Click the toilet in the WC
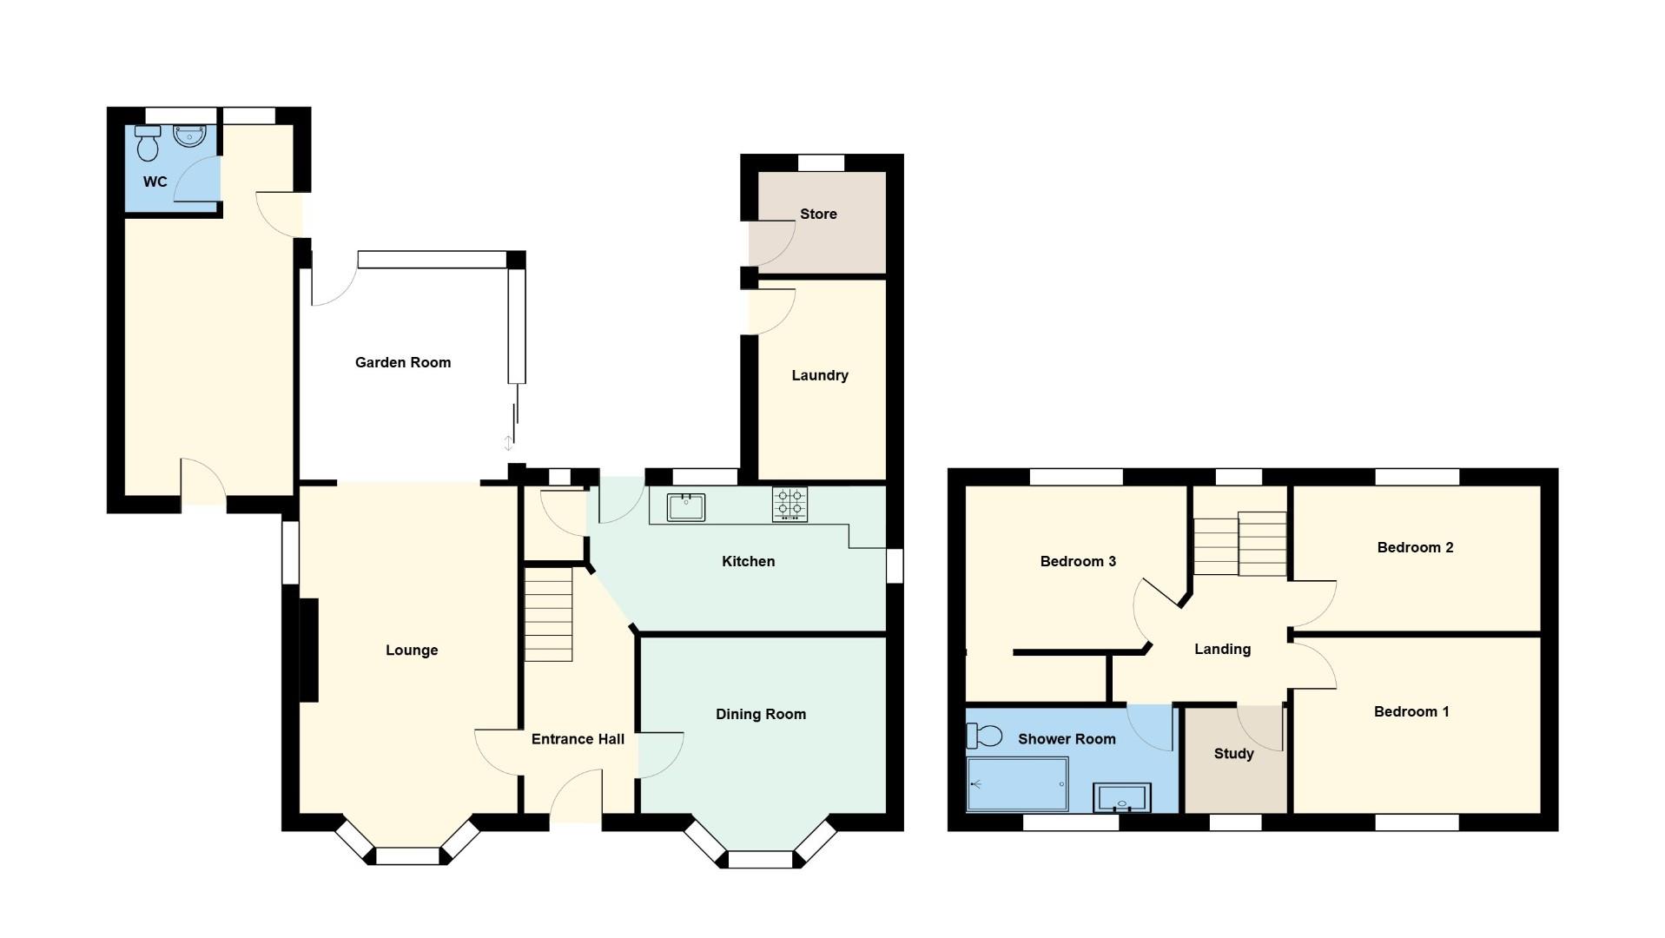coord(148,144)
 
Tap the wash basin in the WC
coord(188,136)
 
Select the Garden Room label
coord(403,363)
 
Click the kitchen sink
coord(685,507)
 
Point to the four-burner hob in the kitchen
coord(789,505)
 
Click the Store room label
coord(818,215)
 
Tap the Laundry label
coord(819,376)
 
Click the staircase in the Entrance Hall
coord(548,614)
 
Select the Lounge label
coord(412,651)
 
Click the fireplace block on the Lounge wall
coord(309,650)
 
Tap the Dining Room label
coord(760,715)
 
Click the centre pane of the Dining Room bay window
coord(760,859)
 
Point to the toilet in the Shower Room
coord(983,736)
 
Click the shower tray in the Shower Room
coord(1017,783)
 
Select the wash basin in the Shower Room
coord(1122,798)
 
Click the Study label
coord(1233,754)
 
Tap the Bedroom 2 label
coord(1415,548)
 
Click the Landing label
coord(1222,650)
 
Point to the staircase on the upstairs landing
coord(1239,545)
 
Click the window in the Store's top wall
coord(821,162)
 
